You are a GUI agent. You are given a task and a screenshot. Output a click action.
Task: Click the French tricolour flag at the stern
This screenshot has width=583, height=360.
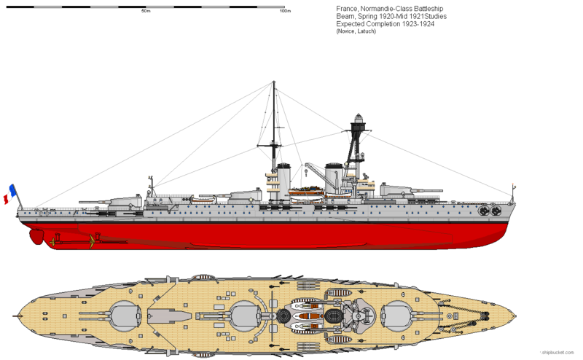coord(12,194)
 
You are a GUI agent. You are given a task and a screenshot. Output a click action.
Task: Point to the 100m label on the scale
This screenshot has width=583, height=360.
coord(285,12)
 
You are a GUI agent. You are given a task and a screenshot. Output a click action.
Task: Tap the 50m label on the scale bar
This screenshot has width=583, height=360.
coord(145,12)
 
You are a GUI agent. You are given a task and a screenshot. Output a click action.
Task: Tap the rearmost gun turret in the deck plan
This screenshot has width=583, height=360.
coord(125,315)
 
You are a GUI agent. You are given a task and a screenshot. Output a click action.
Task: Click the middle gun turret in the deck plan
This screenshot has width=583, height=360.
coord(246,315)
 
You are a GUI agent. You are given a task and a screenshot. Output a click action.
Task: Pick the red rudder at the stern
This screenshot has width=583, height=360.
coord(35,235)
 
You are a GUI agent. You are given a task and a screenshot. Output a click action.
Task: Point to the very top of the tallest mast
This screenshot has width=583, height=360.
coord(274,85)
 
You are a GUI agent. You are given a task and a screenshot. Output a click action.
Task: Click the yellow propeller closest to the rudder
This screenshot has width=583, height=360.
coord(52,238)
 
